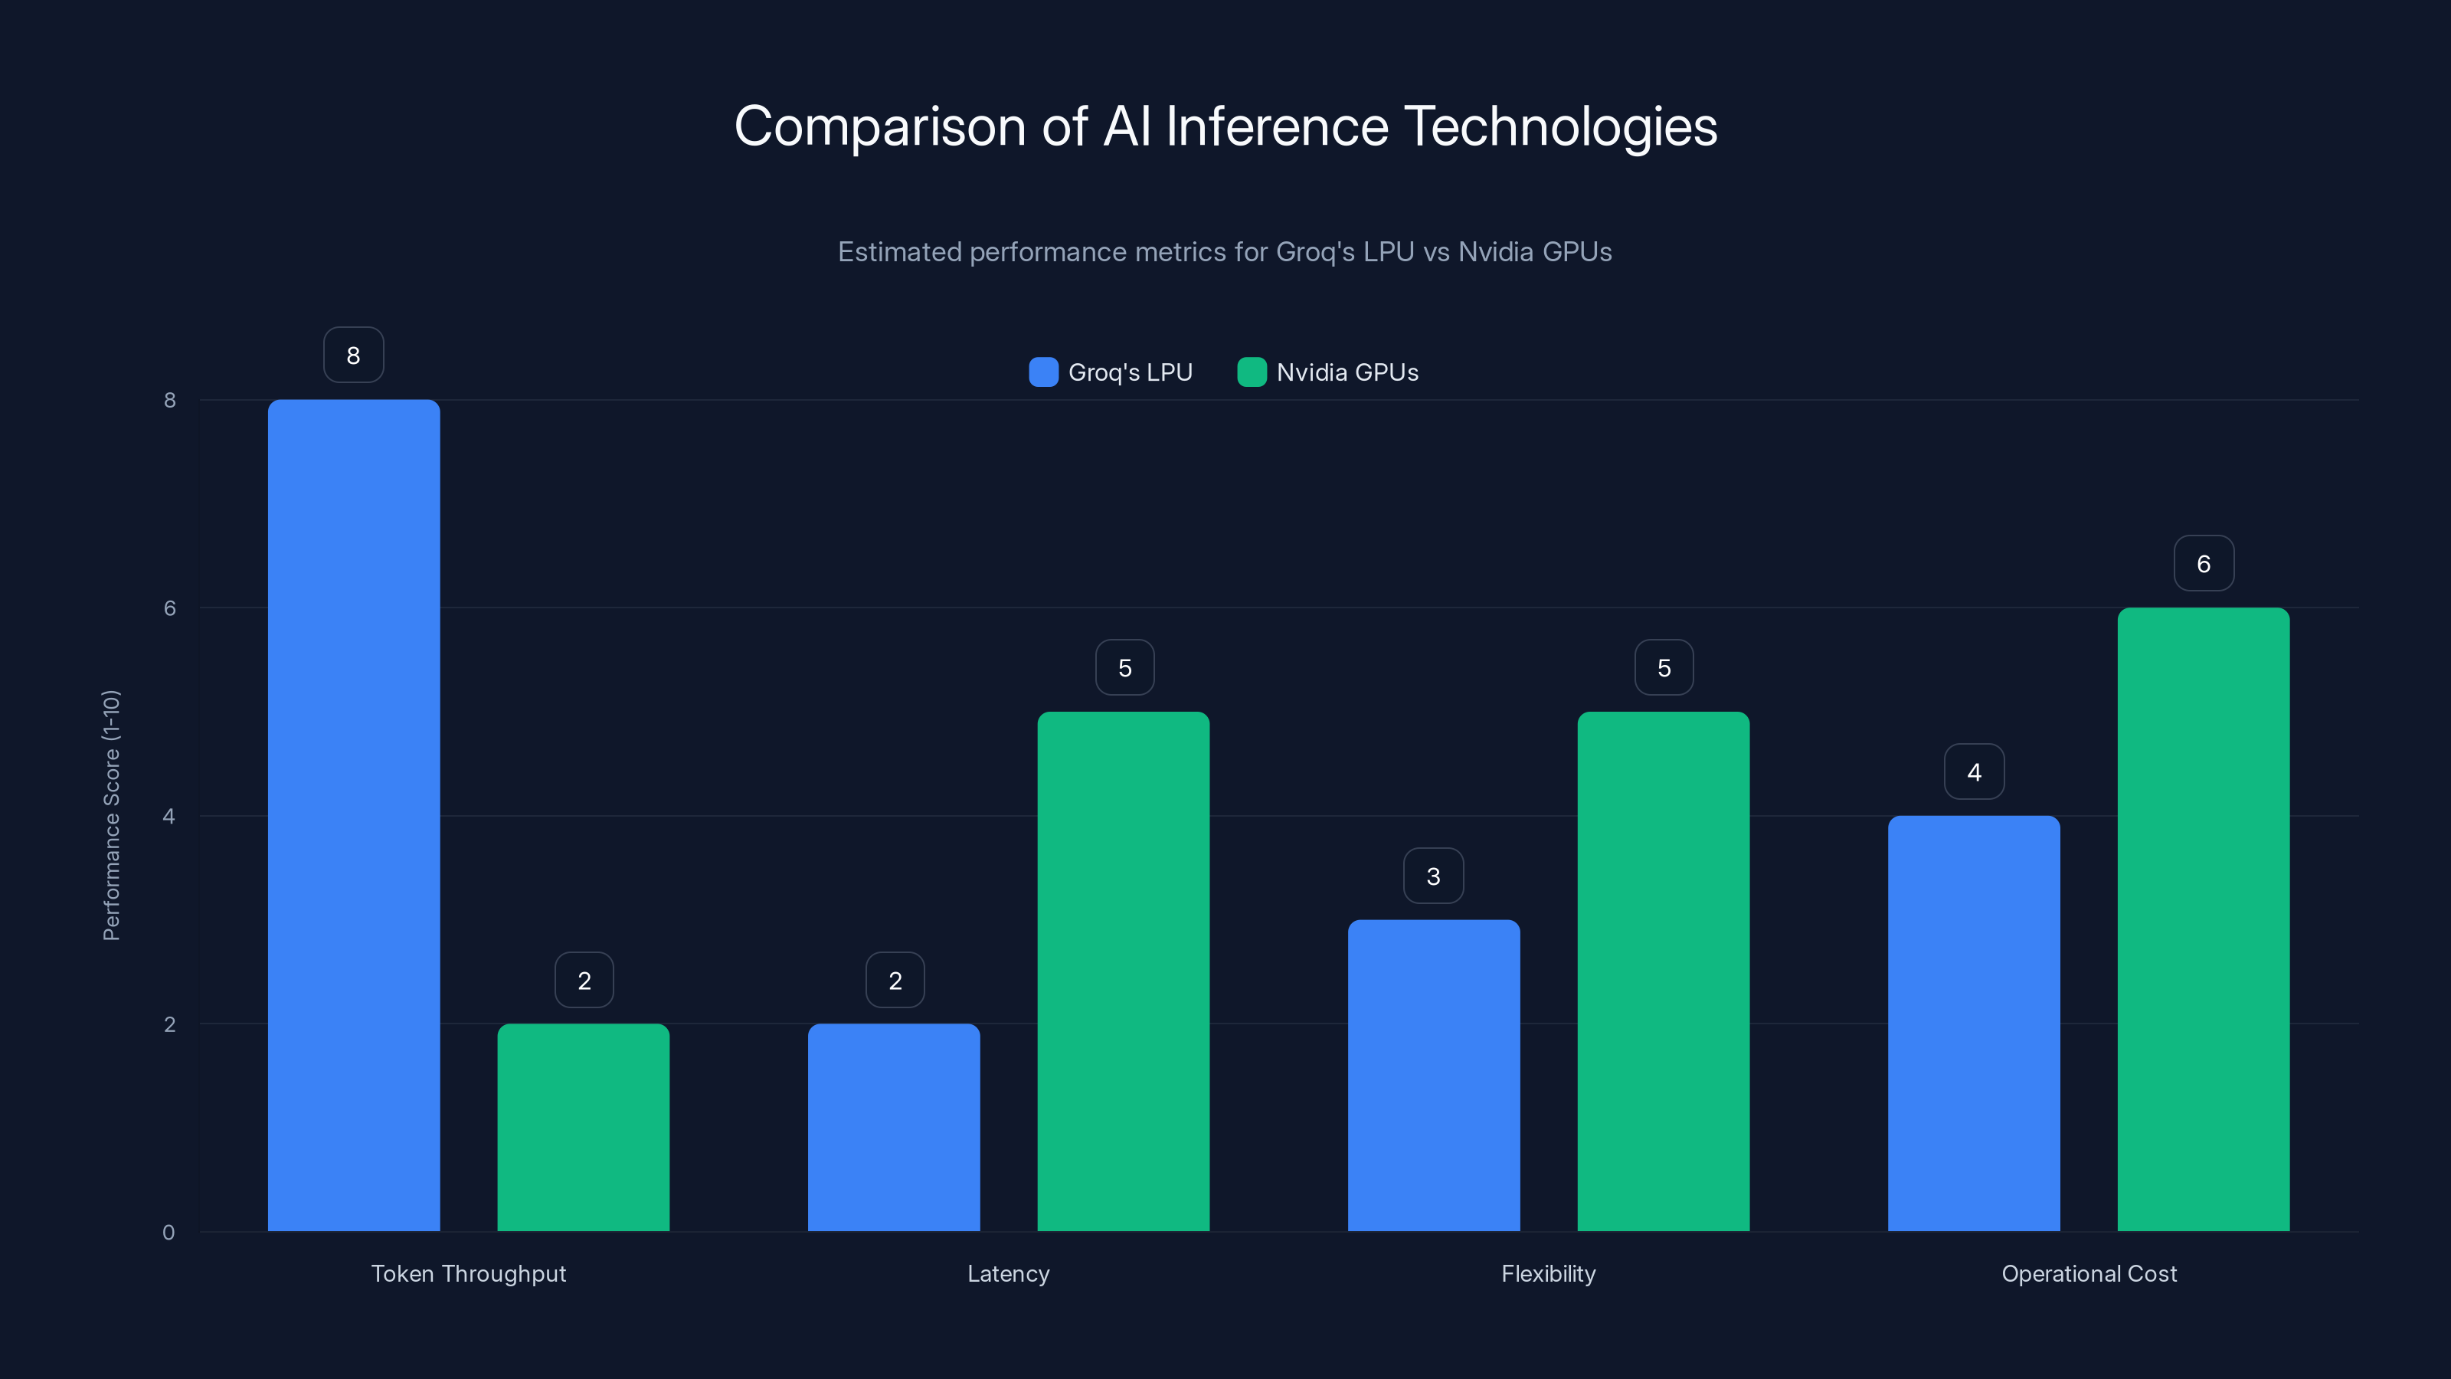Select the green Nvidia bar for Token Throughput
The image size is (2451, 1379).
(583, 1127)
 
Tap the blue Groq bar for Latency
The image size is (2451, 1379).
(893, 1127)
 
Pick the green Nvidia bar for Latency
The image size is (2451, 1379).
(1123, 971)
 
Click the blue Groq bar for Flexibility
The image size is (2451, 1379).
(1433, 1076)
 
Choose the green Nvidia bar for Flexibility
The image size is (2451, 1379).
(1663, 971)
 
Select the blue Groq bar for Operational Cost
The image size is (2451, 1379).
(1973, 1023)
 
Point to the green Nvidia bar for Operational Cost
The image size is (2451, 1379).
(2203, 919)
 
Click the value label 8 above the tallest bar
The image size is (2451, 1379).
(353, 355)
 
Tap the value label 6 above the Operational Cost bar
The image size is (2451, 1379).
(2204, 563)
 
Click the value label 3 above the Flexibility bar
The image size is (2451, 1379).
(1433, 876)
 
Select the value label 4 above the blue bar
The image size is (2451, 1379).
(1973, 771)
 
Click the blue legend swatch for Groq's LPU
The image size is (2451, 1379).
(1042, 372)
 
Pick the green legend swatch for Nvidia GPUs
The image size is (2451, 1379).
(1252, 372)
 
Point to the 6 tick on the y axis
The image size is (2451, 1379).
(169, 608)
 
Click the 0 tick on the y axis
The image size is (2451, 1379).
(169, 1233)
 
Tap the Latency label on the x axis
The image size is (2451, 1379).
(1008, 1273)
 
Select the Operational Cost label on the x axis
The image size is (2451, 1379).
(2089, 1273)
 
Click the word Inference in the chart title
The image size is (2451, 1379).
(1277, 126)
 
